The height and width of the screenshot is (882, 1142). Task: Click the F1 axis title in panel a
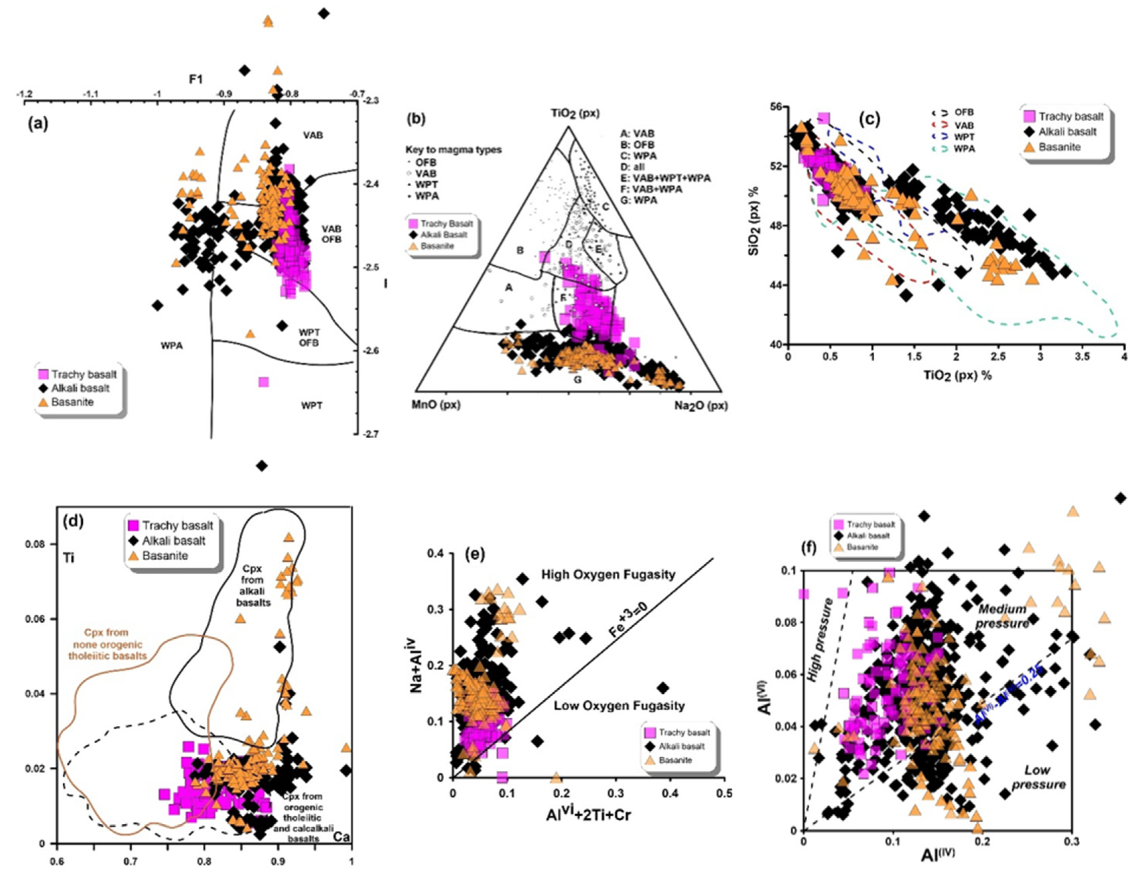click(x=196, y=79)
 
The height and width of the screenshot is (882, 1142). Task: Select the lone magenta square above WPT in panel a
click(x=264, y=382)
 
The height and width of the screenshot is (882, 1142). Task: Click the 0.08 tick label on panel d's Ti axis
click(x=35, y=545)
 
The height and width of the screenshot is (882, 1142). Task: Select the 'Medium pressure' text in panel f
click(x=1002, y=616)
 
